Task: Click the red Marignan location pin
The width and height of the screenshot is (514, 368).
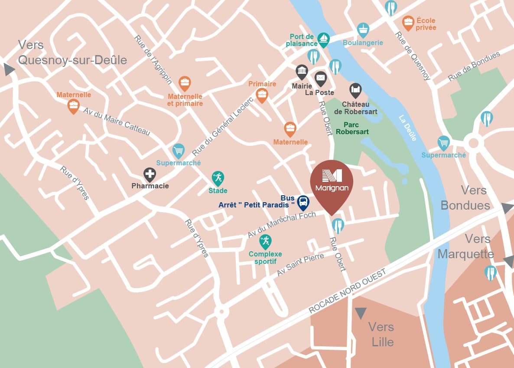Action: coord(332,182)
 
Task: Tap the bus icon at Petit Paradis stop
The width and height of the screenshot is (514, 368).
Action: coord(303,202)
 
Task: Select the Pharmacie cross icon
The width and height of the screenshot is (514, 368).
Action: coord(150,174)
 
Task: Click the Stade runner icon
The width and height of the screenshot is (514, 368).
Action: coord(218,177)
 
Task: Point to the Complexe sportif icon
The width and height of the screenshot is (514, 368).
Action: coord(265,240)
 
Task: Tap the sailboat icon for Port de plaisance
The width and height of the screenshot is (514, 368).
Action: coord(323,39)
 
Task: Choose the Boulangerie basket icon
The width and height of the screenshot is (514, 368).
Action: coord(363,30)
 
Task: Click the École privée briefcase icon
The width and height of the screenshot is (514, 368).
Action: coord(408,21)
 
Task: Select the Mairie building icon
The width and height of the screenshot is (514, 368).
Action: coord(302,71)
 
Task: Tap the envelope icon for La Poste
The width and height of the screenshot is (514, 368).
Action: coord(320,78)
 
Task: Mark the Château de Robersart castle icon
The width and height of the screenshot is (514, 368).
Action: coord(355,90)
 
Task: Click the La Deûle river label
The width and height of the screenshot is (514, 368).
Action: coord(408,128)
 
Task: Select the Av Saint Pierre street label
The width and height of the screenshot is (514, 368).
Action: coord(300,265)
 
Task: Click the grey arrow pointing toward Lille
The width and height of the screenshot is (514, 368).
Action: coord(361,312)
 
